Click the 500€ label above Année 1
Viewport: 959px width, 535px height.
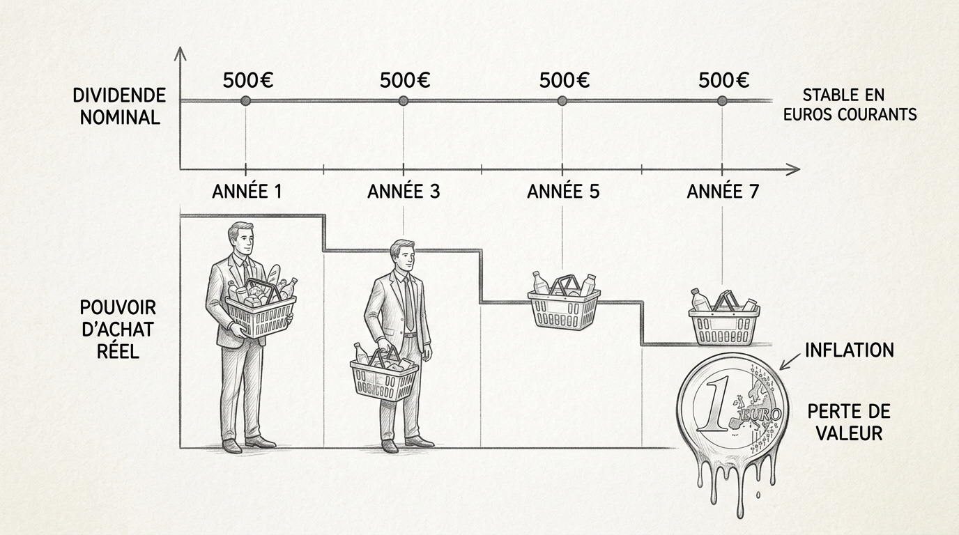point(248,80)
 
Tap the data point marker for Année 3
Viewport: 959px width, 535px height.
point(403,101)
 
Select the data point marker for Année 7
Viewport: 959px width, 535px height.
point(722,101)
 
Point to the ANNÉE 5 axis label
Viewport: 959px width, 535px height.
point(563,191)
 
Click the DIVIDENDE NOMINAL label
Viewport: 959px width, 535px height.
point(120,106)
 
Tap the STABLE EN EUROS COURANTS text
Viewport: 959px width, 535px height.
point(850,104)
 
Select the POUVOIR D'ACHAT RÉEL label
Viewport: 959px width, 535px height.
point(118,328)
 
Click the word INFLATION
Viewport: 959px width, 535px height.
point(849,350)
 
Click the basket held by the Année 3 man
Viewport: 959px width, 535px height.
point(384,378)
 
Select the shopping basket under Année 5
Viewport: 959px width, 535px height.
point(564,305)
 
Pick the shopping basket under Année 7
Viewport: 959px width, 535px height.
point(723,323)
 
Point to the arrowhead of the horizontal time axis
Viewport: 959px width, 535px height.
point(792,169)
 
